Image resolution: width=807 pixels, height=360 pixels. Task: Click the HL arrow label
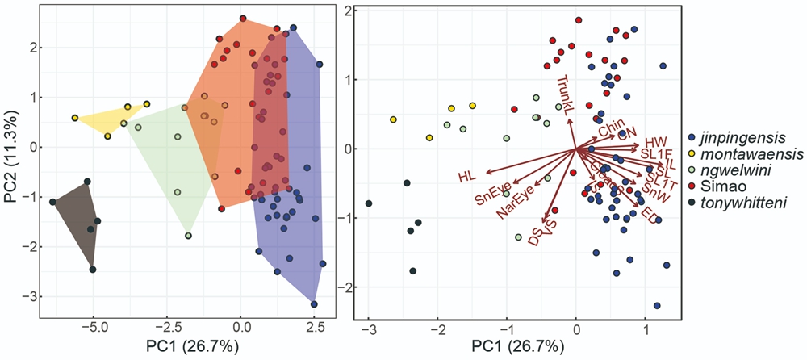pyautogui.click(x=467, y=176)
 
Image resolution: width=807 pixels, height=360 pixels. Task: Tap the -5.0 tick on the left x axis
pyautogui.click(x=94, y=329)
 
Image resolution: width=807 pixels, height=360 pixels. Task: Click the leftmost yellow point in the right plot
pyautogui.click(x=393, y=119)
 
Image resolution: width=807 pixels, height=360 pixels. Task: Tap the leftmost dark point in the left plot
pyautogui.click(x=53, y=202)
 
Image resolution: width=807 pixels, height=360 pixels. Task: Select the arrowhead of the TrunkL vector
pyautogui.click(x=570, y=120)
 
